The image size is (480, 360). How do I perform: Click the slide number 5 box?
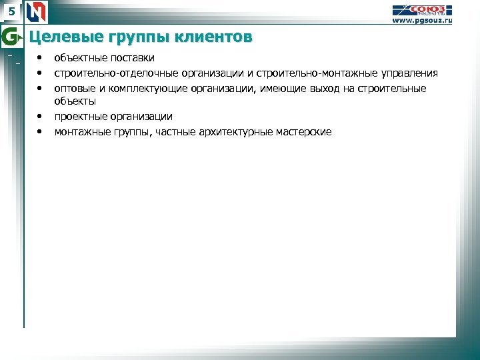click(x=11, y=11)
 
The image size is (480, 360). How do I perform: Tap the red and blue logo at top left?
click(x=37, y=12)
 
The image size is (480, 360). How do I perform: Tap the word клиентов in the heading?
click(x=214, y=37)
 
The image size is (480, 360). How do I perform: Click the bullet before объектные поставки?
click(x=40, y=58)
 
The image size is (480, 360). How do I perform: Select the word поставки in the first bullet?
click(x=131, y=59)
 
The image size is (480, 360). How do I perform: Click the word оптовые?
click(x=75, y=88)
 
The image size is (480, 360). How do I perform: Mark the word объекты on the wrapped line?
click(x=75, y=102)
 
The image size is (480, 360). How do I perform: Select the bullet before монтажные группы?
click(x=40, y=131)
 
